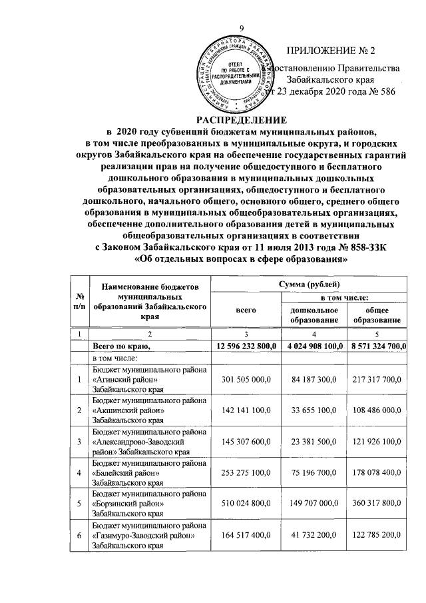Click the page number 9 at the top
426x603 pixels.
[x=242, y=27]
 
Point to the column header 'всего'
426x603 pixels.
[x=242, y=310]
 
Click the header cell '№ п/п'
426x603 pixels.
[x=80, y=304]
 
